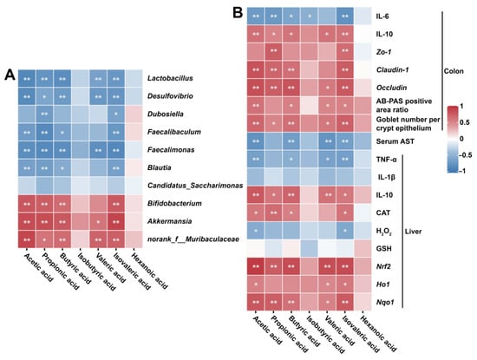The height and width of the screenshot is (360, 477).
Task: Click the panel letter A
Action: (10, 75)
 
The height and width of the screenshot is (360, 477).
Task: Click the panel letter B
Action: (238, 13)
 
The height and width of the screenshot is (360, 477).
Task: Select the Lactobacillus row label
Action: (170, 78)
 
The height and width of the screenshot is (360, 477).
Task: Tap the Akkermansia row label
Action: (169, 221)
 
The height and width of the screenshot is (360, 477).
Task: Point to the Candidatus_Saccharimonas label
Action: (195, 186)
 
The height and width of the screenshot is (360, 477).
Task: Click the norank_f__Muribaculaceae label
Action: (193, 239)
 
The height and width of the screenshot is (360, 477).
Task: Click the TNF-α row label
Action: (386, 159)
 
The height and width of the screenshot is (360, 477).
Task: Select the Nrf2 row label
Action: (383, 266)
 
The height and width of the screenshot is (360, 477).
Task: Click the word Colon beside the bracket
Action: (454, 71)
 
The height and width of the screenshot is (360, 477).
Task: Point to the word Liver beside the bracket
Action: (413, 232)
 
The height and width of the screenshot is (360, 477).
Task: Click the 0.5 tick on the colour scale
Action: (465, 122)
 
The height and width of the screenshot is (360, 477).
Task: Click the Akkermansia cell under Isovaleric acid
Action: (116, 221)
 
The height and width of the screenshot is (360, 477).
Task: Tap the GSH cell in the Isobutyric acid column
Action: (309, 249)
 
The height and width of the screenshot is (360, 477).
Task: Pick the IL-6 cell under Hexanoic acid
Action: (363, 16)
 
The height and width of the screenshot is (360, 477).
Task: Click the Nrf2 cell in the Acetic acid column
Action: (256, 266)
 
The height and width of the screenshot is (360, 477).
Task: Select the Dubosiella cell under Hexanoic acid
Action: (134, 115)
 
